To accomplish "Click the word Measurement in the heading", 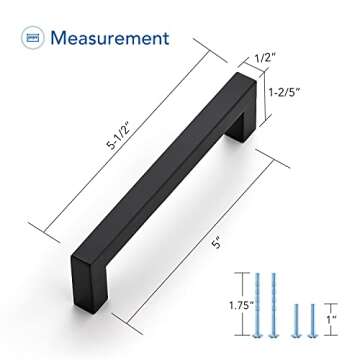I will coord(110,39).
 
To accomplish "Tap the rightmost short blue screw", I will coord(311,318).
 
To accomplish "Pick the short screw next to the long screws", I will coord(294,318).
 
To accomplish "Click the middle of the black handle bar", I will coord(165,185).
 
